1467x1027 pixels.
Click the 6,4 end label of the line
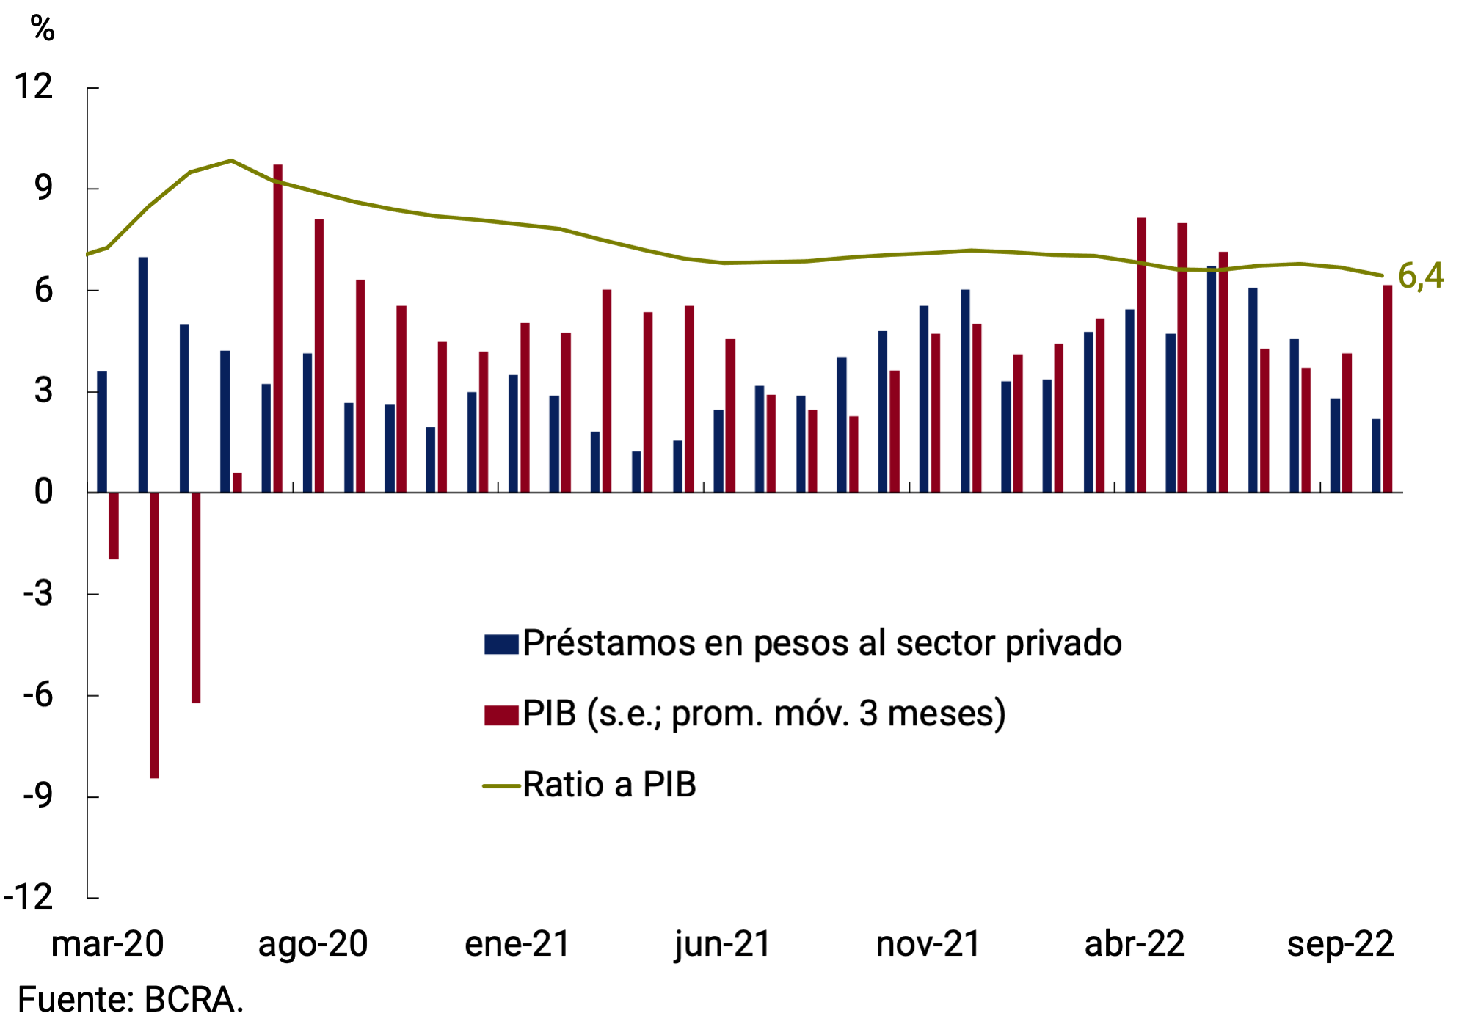pos(1420,276)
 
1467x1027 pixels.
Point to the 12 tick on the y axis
pos(34,87)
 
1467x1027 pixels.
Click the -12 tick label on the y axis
pos(29,897)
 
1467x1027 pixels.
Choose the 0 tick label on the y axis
pos(43,492)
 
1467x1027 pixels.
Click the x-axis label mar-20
pos(107,944)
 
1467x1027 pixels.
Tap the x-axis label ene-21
pos(517,944)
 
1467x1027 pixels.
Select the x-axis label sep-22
pos(1340,944)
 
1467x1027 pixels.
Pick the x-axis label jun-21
pos(723,944)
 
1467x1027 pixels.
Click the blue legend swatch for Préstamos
pos(501,644)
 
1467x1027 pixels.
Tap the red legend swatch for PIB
pos(501,714)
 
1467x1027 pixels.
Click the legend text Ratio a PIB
pos(609,785)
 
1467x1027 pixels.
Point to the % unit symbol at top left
pos(43,29)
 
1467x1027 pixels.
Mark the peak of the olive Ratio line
pos(231,160)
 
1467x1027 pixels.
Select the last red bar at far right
pos(1387,389)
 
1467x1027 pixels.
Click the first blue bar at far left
pos(102,432)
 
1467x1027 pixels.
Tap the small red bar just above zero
pos(237,482)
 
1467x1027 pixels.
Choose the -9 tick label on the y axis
pos(37,796)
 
